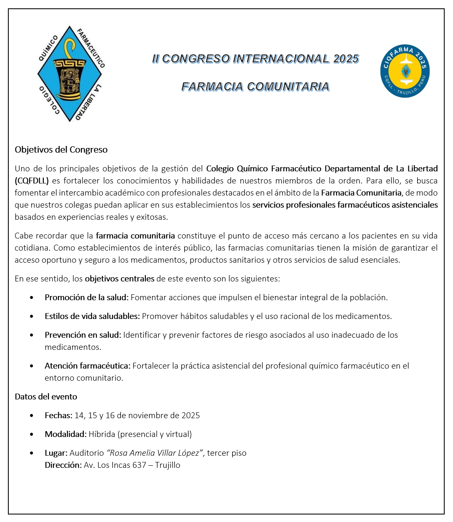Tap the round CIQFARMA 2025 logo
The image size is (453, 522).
pyautogui.click(x=405, y=71)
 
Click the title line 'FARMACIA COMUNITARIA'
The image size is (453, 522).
pyautogui.click(x=255, y=87)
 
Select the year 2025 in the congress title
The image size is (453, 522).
pyautogui.click(x=346, y=59)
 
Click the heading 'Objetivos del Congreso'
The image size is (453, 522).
pyautogui.click(x=61, y=150)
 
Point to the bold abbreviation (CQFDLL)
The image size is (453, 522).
pyautogui.click(x=32, y=181)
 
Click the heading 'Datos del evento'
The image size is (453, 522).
pyautogui.click(x=46, y=397)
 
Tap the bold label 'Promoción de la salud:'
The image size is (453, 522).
pyautogui.click(x=87, y=297)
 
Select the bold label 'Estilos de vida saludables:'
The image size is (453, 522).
pyautogui.click(x=92, y=316)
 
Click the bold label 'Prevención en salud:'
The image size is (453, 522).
pyautogui.click(x=83, y=335)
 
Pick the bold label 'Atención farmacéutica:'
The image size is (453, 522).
pyautogui.click(x=88, y=366)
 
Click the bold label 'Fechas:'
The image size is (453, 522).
pyautogui.click(x=59, y=415)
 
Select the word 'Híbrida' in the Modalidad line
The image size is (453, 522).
pyautogui.click(x=102, y=434)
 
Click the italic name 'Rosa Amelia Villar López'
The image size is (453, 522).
pyautogui.click(x=155, y=453)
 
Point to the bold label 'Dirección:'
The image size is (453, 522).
pyautogui.click(x=63, y=465)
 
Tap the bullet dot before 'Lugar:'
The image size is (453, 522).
pyautogui.click(x=32, y=453)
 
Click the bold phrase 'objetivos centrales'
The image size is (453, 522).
pyautogui.click(x=120, y=279)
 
